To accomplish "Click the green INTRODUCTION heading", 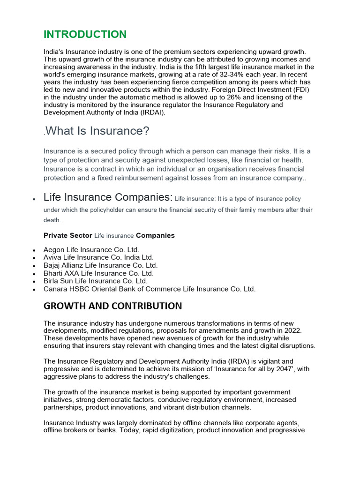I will point(85,34).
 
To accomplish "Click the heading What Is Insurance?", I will point(97,131).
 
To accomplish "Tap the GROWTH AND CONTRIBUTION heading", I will point(112,306).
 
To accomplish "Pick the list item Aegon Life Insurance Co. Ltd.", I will point(91,250).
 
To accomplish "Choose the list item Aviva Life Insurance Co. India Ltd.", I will point(98,257).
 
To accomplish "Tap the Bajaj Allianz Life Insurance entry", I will point(100,265).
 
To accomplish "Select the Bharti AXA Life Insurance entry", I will point(98,273).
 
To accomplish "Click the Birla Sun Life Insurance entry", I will point(96,281).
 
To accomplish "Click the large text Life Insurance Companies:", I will point(108,197).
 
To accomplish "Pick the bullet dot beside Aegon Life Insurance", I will point(34,251).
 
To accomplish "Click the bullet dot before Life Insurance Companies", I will point(34,199).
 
